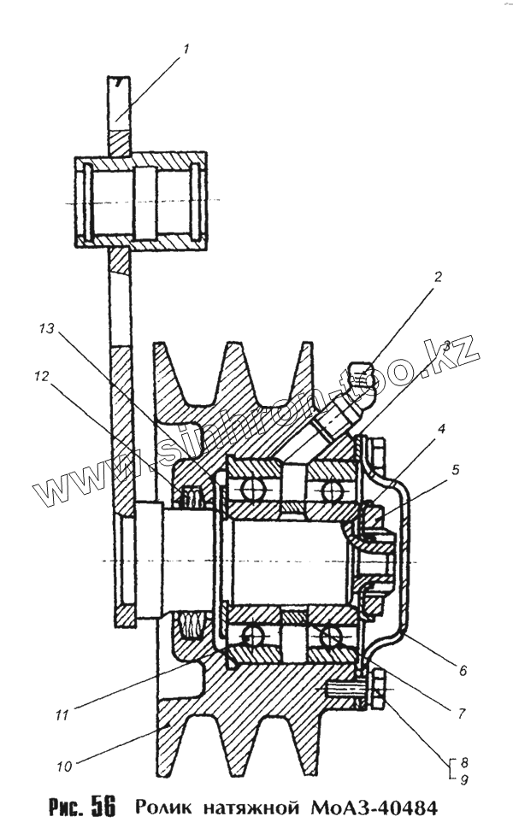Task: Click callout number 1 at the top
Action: [186, 49]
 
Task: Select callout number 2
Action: [438, 277]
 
